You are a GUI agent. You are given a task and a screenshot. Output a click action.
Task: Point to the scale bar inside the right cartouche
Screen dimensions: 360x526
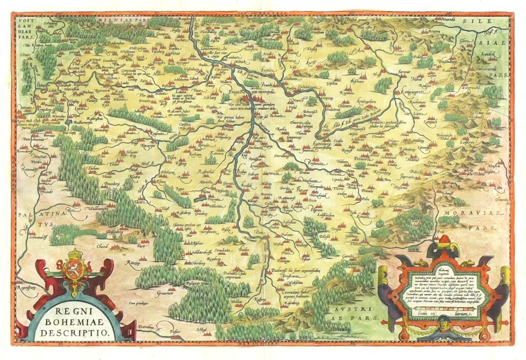pyautogui.click(x=443, y=311)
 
